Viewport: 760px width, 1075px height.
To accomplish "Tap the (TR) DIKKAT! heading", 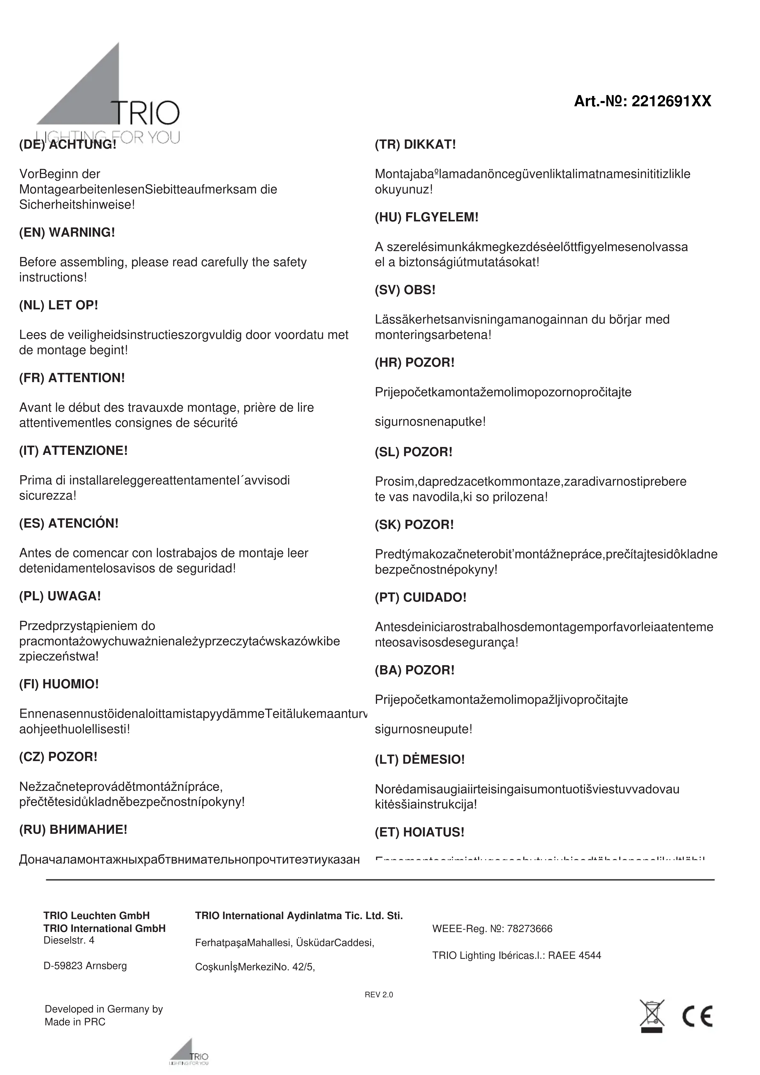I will (x=415, y=145).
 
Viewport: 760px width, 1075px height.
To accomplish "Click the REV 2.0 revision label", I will (x=379, y=995).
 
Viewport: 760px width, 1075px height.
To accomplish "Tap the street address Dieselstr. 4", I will (x=69, y=940).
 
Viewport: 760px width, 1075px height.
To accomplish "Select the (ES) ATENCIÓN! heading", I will (x=69, y=523).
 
